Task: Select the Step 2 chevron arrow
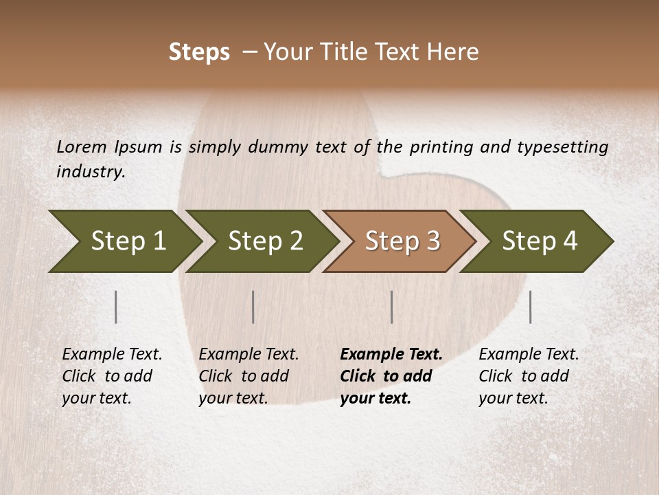265,241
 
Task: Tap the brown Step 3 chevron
402,241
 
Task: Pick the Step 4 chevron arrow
540,241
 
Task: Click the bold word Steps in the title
199,52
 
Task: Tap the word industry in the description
91,172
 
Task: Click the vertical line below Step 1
116,307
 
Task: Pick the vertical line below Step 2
253,307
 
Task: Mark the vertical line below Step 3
391,307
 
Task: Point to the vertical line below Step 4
531,307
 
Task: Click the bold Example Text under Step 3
391,354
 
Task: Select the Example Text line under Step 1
112,354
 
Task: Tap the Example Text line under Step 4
529,354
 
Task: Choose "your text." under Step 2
233,398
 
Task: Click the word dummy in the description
278,146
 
